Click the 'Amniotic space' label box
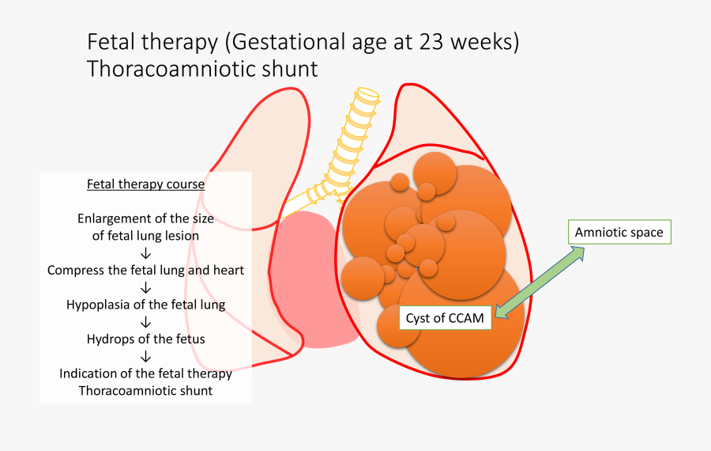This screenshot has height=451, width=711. (x=620, y=233)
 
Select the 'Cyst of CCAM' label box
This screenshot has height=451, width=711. (x=446, y=317)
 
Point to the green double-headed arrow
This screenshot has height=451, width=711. (x=541, y=282)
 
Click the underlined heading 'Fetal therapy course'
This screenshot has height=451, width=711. (x=145, y=184)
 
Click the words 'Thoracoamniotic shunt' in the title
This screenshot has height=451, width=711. (x=202, y=69)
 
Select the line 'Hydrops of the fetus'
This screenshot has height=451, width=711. (x=145, y=339)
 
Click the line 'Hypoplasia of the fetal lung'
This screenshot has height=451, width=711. (x=145, y=304)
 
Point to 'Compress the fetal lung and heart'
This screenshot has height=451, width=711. (x=145, y=270)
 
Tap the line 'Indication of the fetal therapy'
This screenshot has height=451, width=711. (x=145, y=373)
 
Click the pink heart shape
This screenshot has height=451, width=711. (x=312, y=277)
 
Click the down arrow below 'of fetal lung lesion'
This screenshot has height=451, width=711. (x=145, y=253)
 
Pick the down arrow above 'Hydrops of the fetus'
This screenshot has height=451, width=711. (x=145, y=322)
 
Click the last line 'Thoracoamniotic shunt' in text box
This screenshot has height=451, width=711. (x=145, y=391)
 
